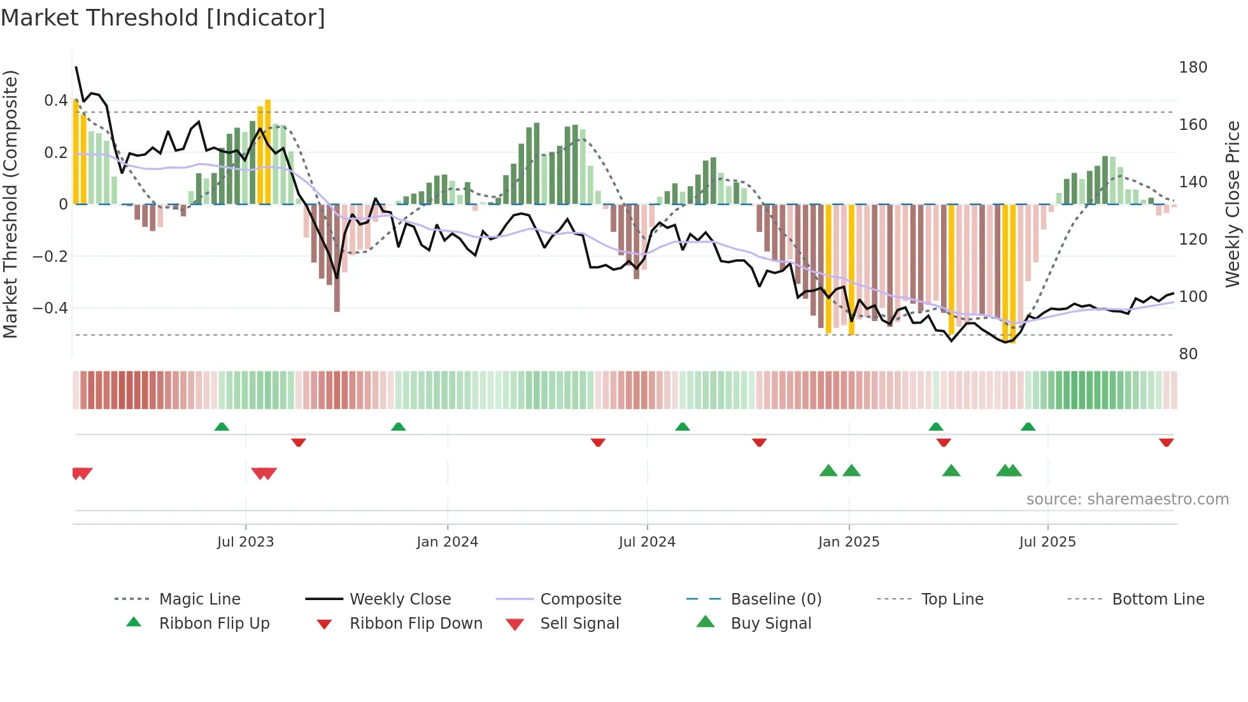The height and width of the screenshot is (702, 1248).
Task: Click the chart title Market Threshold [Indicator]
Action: (163, 18)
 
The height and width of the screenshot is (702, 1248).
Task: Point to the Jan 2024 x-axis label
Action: (447, 542)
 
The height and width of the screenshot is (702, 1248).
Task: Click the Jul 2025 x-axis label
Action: (1047, 542)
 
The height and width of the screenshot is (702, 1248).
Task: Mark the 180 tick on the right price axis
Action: (1193, 68)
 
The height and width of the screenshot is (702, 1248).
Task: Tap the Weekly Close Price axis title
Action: (1233, 204)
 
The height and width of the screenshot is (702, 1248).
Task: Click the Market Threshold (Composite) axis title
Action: (10, 204)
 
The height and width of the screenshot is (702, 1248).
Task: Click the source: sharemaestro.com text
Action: (1127, 499)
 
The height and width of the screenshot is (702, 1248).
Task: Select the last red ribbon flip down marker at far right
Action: (1166, 442)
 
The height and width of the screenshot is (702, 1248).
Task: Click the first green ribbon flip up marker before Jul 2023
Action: (222, 427)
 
